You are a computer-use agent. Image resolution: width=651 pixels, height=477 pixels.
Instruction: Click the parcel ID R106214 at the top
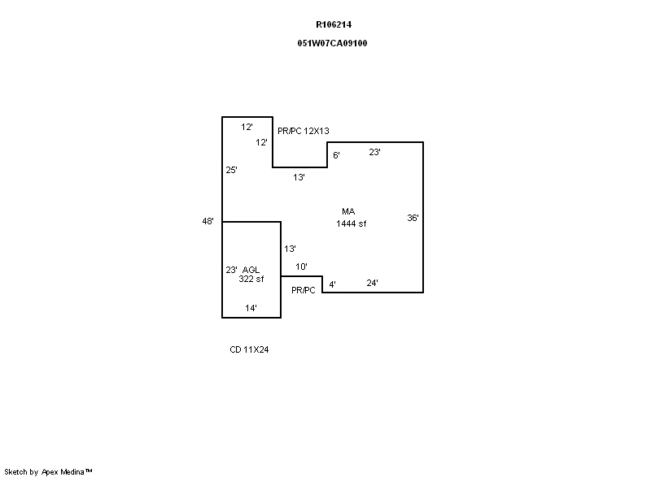tap(334, 24)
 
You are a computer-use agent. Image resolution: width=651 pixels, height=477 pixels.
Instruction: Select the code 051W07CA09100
tap(332, 43)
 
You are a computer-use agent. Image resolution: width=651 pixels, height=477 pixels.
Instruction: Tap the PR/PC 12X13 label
tap(303, 131)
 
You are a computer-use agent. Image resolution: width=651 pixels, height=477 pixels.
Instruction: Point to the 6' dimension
tap(336, 155)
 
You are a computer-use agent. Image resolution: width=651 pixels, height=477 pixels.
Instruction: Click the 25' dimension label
tap(231, 170)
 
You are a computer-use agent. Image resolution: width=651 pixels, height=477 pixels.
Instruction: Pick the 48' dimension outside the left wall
tap(208, 221)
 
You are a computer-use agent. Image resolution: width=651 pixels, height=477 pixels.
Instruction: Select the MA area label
tap(348, 211)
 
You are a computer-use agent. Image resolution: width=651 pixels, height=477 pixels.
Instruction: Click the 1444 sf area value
tap(352, 223)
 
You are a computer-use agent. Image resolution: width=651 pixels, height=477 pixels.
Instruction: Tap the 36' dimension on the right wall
tap(413, 218)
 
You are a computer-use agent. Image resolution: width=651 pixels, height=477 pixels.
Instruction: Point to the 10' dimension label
tap(301, 267)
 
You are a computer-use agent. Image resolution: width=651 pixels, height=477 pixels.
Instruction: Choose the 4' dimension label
tap(332, 284)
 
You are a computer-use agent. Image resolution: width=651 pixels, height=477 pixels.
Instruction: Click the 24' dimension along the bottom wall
tap(372, 283)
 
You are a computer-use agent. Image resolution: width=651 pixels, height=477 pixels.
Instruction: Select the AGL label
tap(251, 270)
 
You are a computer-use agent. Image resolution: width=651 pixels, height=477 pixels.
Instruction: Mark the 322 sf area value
tap(251, 279)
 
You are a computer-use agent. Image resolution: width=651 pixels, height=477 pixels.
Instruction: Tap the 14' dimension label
tap(251, 308)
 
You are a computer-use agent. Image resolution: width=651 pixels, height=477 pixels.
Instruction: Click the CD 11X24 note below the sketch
tap(249, 349)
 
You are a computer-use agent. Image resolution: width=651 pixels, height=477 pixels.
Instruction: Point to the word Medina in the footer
tap(72, 471)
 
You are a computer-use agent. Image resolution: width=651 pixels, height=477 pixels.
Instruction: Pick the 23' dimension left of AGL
tap(231, 271)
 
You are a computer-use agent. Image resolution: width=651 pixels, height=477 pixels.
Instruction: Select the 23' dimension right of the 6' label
tap(374, 152)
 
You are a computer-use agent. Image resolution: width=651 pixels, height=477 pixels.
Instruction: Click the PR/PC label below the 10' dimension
tap(303, 291)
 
